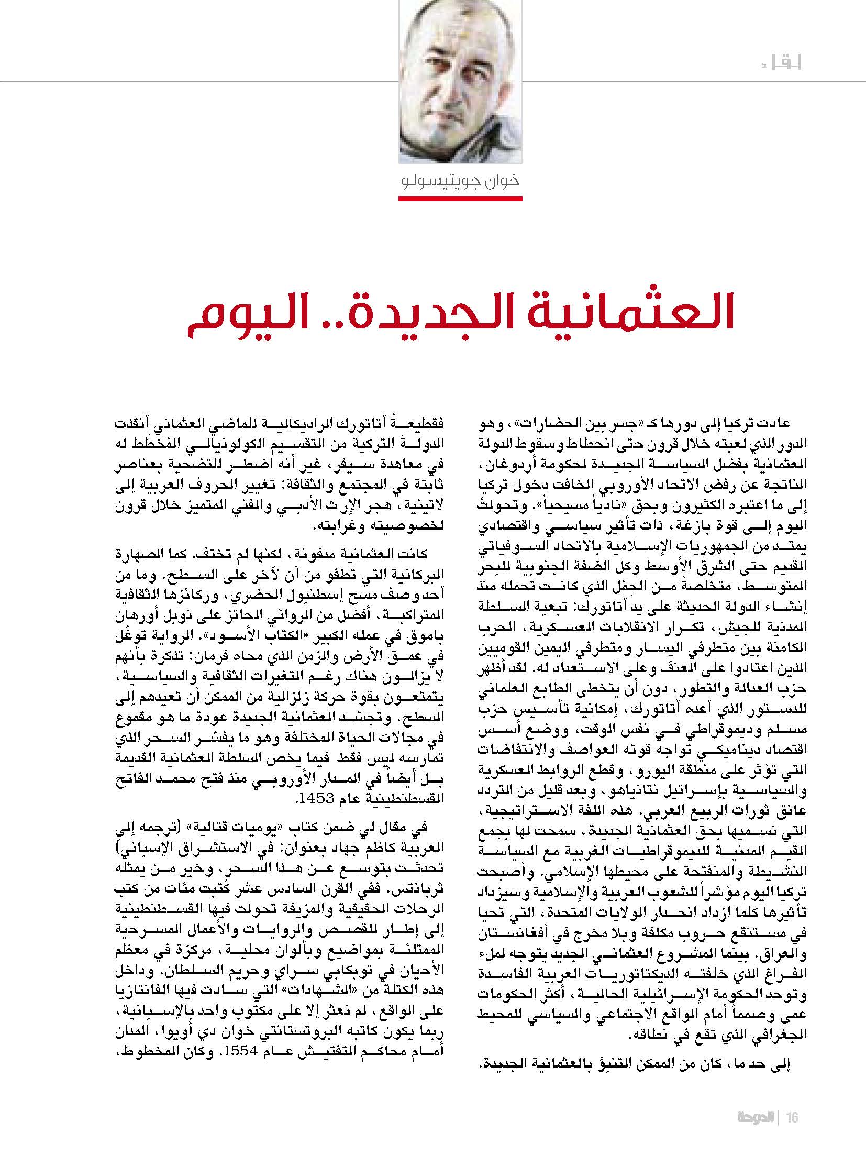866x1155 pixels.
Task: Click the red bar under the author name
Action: click(460, 198)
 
